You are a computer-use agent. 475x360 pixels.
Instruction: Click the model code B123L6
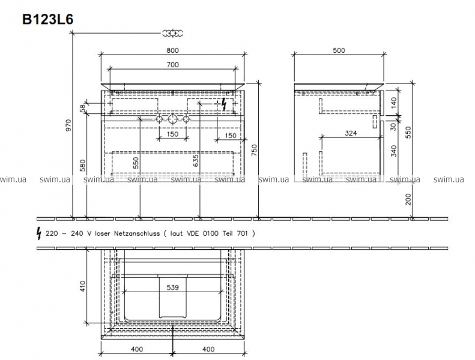[x=48, y=19]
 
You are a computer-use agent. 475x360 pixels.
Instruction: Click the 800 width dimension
[x=172, y=50]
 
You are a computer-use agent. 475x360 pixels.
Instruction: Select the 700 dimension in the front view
[x=173, y=64]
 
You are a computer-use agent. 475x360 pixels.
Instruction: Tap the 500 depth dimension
[x=339, y=50]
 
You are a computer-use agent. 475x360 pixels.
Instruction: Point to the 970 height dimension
[x=68, y=125]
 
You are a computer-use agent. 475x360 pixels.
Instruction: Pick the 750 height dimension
[x=254, y=150]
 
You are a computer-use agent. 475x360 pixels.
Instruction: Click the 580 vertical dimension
[x=83, y=166]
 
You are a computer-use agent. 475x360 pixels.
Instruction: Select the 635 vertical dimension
[x=196, y=160]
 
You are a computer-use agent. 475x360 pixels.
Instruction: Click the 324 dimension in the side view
[x=351, y=133]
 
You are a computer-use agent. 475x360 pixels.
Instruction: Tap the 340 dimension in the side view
[x=393, y=151]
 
